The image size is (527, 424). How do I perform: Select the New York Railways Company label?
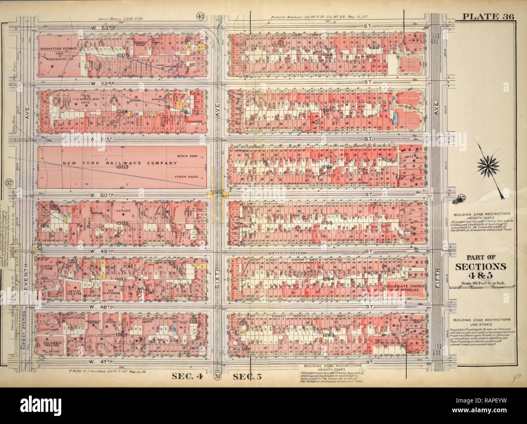click(x=120, y=163)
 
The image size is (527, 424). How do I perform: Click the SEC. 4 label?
click(x=189, y=376)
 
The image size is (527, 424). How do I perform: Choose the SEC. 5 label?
click(x=247, y=376)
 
